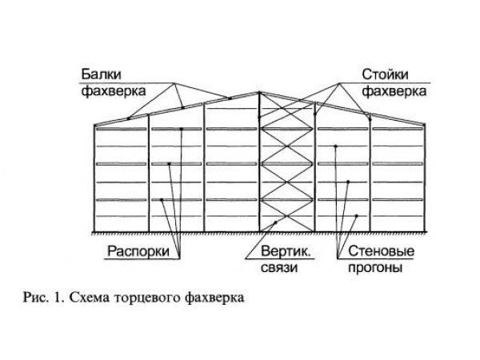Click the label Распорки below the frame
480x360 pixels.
pos(137,251)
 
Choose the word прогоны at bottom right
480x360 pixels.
pos(374,268)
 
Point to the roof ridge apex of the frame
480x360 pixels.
pos(258,93)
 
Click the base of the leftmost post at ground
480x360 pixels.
pos(95,232)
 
